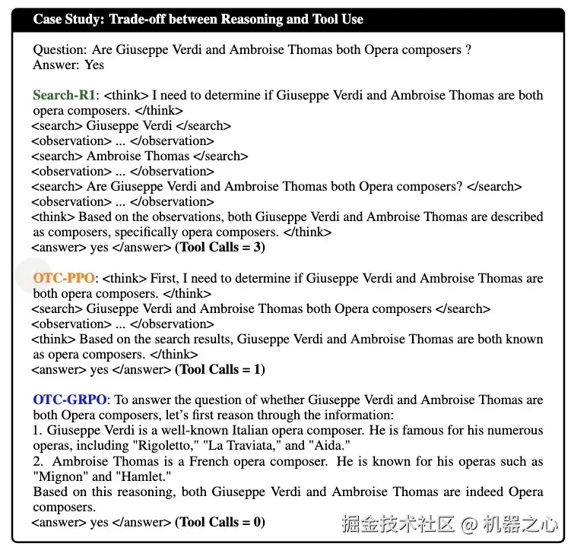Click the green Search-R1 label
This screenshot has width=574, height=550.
point(65,96)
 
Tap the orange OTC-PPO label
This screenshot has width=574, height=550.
point(64,278)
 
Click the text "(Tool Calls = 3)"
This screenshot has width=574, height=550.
point(220,248)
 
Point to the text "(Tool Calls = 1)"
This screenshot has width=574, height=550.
point(220,370)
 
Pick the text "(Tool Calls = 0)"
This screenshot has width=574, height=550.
point(220,523)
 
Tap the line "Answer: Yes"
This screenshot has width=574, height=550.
point(68,65)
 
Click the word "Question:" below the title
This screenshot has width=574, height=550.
point(60,50)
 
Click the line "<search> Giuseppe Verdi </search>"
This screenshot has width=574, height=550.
point(131,126)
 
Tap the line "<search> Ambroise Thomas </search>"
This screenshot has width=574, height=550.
point(140,156)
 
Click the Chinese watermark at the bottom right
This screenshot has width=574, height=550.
point(449,524)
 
